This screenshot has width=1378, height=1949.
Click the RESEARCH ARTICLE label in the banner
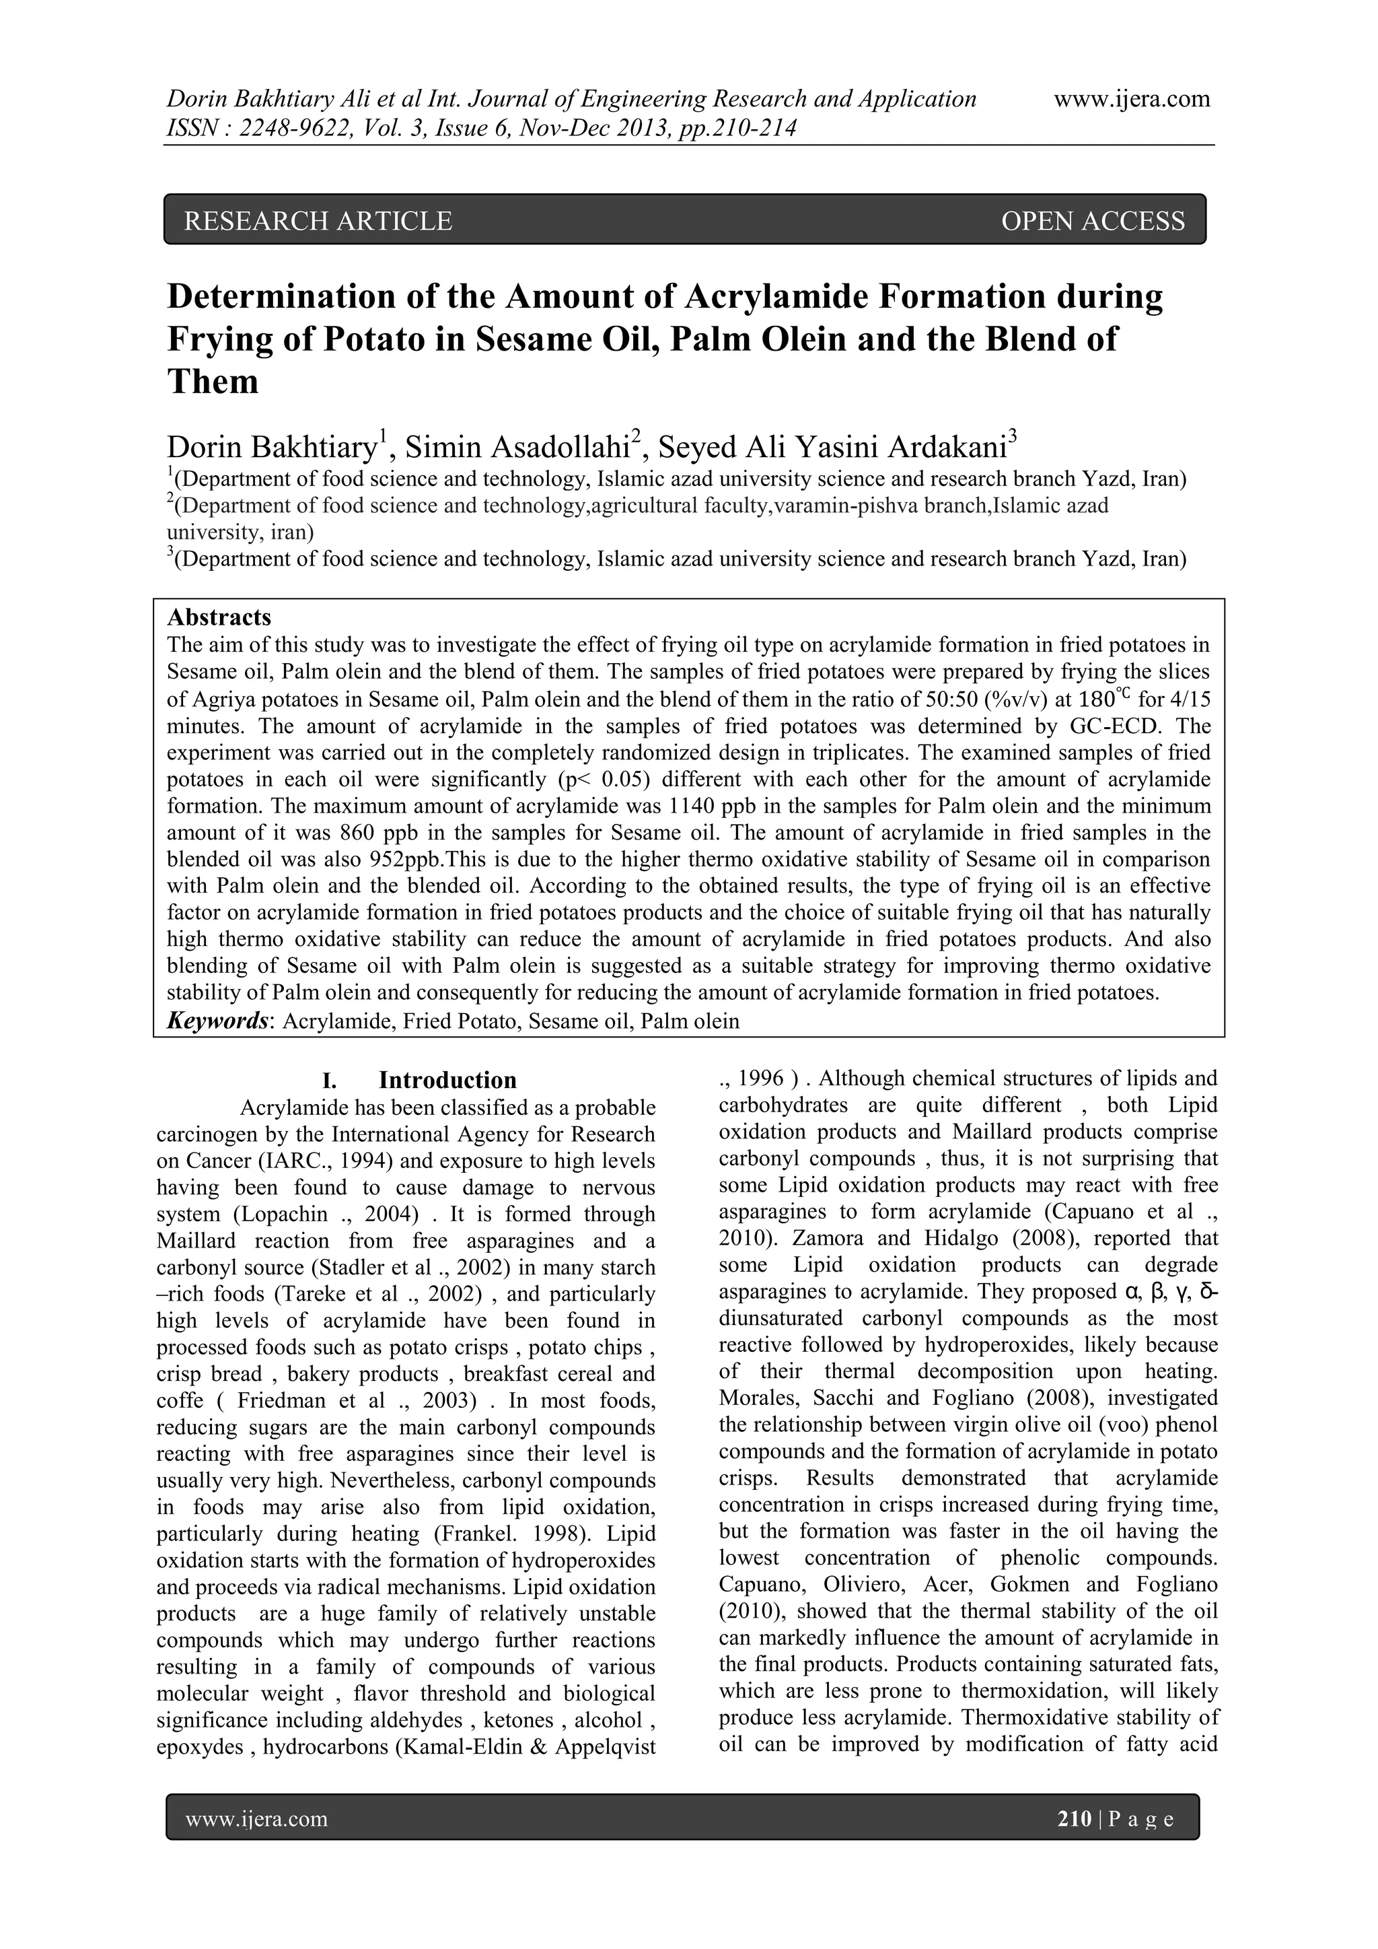point(318,221)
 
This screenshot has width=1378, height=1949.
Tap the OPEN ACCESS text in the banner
point(1093,221)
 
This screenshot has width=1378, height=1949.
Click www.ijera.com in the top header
point(1132,100)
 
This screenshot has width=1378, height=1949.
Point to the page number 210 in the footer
point(1075,1818)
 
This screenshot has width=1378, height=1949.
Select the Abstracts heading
point(219,617)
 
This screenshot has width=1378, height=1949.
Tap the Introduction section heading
point(447,1081)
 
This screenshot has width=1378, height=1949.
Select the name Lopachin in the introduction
point(277,1215)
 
